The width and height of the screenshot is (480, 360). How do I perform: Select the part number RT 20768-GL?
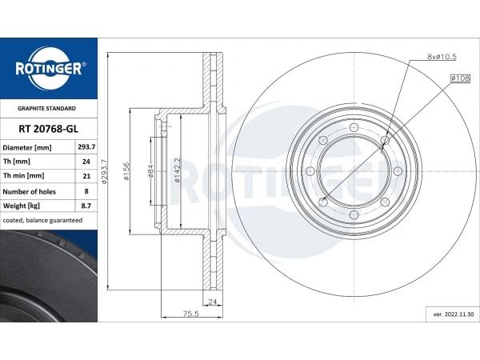coord(48,129)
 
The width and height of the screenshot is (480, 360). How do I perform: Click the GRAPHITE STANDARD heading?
coord(46,108)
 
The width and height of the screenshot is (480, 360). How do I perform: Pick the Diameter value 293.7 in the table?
coord(86,147)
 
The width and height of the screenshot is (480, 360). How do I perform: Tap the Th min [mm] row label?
coord(23,176)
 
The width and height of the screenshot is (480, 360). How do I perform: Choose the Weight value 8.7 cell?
coord(86,206)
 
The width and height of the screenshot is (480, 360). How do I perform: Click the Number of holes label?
coord(29,192)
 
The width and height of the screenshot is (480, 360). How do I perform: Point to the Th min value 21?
coord(86,176)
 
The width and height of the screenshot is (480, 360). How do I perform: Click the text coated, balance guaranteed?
coord(42,220)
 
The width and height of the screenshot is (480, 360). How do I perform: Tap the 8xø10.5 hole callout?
coord(442,57)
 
